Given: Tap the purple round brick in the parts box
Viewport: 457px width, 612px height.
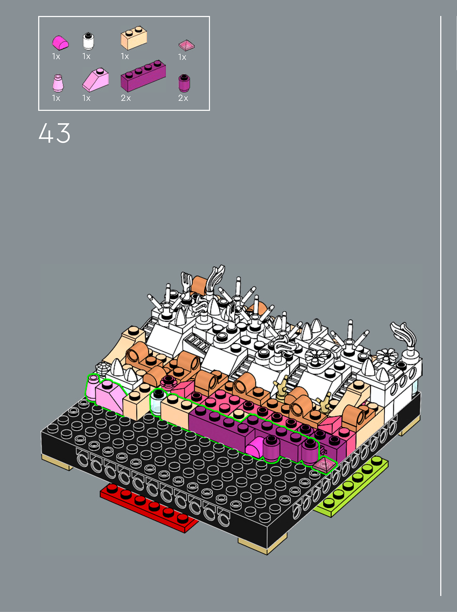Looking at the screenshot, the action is click(184, 83).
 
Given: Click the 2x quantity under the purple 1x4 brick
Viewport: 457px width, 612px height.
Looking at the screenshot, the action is click(126, 98).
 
